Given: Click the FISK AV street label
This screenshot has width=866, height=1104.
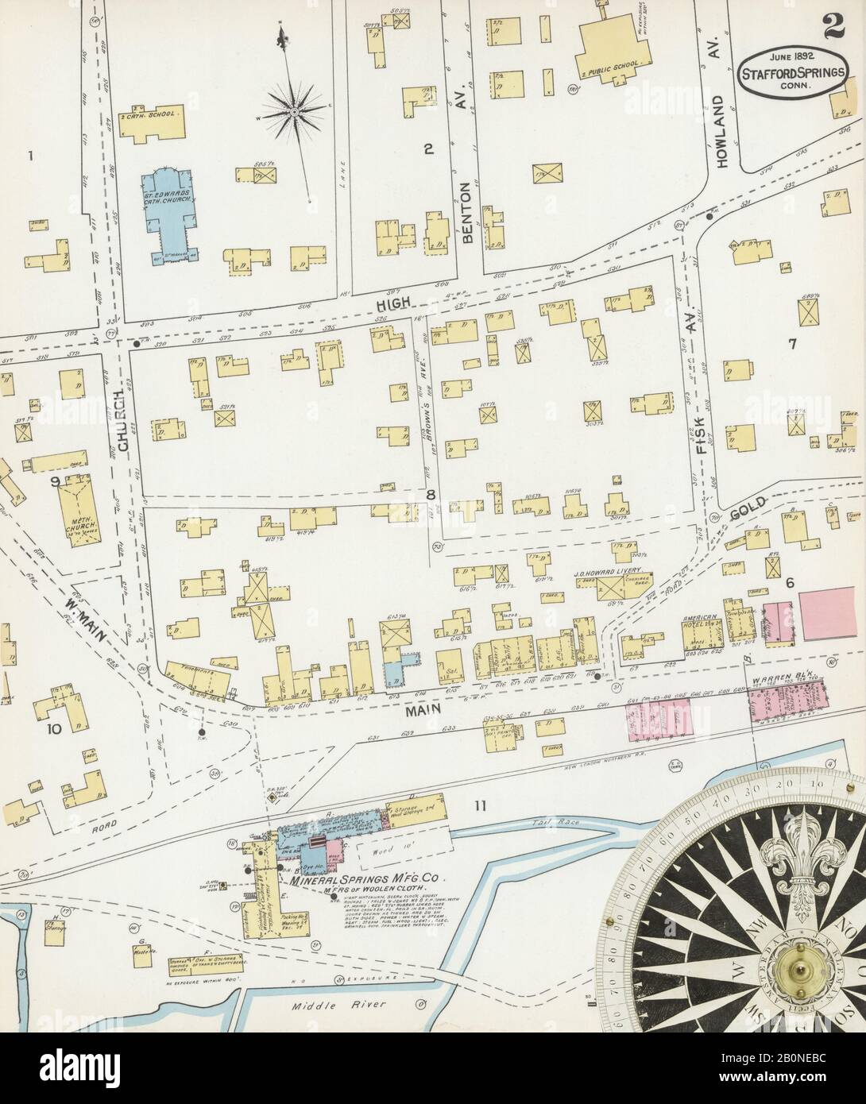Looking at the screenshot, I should pos(702,420).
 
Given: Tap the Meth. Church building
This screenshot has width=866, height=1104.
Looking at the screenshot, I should pos(80,507).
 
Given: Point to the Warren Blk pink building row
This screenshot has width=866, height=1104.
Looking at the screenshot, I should pos(787,701).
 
